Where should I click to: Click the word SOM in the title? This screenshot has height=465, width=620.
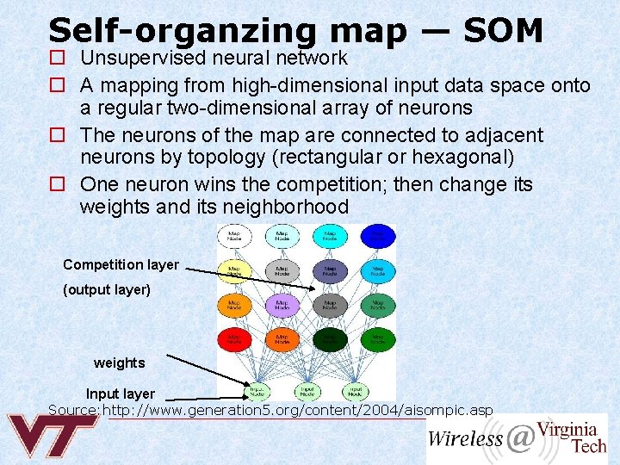503,31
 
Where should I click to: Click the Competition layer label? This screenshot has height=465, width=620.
121,264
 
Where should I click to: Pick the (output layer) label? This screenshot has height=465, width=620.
107,290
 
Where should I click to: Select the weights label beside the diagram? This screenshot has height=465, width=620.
120,363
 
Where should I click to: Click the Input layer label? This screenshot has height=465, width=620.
120,394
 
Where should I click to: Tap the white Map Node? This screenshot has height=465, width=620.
233,236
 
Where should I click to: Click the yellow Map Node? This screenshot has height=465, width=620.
233,270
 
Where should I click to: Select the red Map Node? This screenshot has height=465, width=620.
233,338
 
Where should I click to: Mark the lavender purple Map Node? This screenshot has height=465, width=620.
282,304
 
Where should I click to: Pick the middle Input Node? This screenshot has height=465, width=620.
306,390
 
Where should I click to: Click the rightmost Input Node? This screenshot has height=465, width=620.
354,390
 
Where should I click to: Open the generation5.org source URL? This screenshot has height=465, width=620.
298,410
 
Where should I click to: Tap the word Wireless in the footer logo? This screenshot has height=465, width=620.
465,438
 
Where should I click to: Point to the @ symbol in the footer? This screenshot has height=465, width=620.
519,438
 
